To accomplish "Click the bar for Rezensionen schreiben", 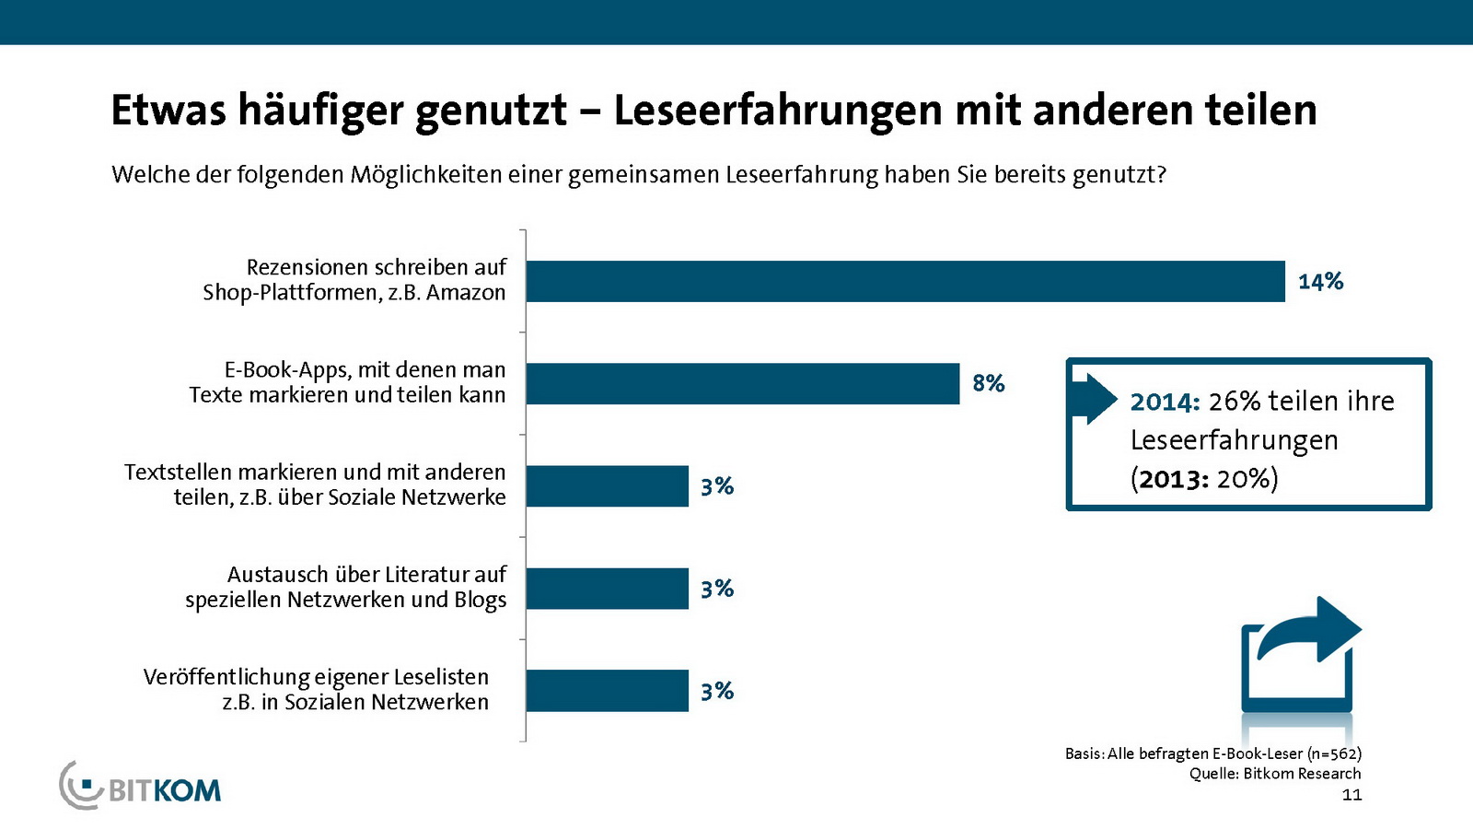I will point(905,281).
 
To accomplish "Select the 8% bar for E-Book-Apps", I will point(742,383).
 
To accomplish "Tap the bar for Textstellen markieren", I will point(607,485).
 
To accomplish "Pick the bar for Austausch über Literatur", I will point(607,588).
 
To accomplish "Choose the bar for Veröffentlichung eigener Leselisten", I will point(607,690).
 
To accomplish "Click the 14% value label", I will point(1320,281).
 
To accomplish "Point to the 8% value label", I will point(988,383).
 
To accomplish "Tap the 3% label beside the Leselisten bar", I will point(716,691).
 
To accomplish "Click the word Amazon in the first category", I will point(466,293).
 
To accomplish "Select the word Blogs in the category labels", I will point(480,601).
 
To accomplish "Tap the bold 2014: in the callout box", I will point(1165,402).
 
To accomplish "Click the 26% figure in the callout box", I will point(1234,402).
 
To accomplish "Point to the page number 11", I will point(1351,795).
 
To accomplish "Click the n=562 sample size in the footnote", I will point(1334,753).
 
